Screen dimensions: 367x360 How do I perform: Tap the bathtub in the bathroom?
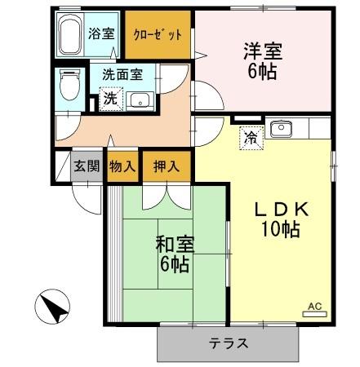coord(71,34)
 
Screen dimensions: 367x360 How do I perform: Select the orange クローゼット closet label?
coord(158,37)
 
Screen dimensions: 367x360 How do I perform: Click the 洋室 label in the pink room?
coord(263,50)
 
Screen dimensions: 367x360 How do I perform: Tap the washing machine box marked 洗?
coord(110,99)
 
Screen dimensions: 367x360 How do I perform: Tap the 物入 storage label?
coord(122,165)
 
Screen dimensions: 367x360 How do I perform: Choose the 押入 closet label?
coord(167,165)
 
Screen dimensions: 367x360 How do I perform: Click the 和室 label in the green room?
coord(173,244)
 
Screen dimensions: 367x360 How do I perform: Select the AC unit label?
coord(315,307)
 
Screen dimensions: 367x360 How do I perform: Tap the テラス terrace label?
coord(229,343)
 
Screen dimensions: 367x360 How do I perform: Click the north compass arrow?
coord(51,308)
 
